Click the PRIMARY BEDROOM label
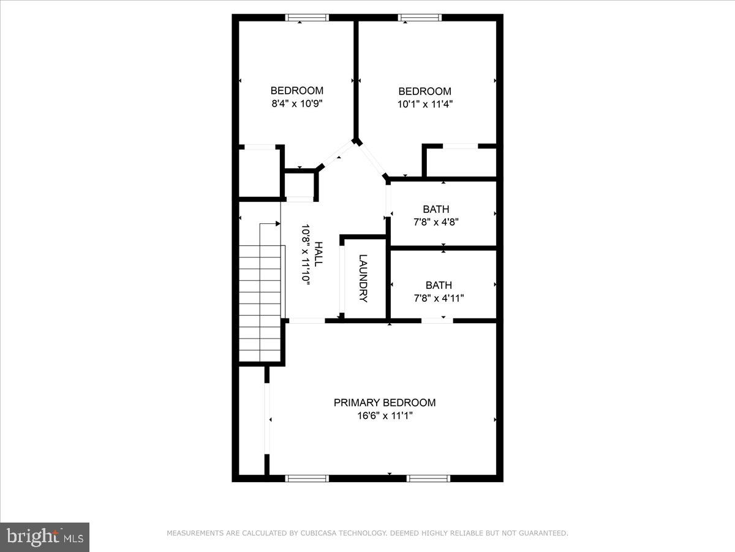point(385,403)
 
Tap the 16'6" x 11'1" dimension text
point(385,416)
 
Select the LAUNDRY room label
point(363,278)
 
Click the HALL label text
point(318,253)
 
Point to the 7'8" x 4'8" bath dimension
point(435,222)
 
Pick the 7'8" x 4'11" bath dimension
point(439,298)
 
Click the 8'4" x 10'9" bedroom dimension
point(297,104)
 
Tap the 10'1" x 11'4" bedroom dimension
point(424,104)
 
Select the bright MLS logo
point(45,537)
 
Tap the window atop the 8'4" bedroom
point(307,18)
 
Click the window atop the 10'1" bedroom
point(420,18)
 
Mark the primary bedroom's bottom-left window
point(307,478)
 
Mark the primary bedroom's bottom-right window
point(429,478)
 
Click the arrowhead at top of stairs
point(277,224)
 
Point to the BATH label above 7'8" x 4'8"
point(435,209)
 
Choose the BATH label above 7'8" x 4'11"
point(439,285)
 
